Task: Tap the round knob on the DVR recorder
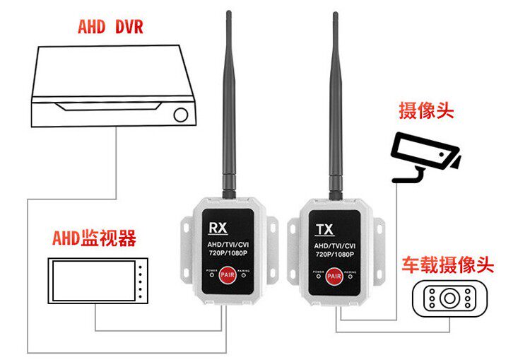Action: [x=181, y=114]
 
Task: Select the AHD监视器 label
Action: [x=94, y=238]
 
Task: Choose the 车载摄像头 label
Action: [x=447, y=266]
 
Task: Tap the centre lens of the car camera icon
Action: [x=449, y=298]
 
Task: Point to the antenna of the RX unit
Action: [x=229, y=106]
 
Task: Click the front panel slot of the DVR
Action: [x=113, y=107]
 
